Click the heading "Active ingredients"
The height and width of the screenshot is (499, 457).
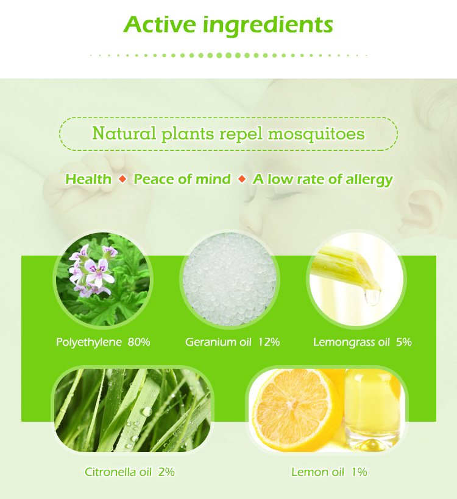[228, 25]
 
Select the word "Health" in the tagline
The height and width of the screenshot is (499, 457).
[88, 179]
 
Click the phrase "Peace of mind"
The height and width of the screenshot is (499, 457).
[182, 179]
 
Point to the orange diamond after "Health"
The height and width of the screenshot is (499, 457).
[122, 179]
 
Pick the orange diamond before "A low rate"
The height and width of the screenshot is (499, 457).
[242, 179]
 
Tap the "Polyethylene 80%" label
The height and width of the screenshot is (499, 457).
[103, 342]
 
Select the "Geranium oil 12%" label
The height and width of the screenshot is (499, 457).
[232, 342]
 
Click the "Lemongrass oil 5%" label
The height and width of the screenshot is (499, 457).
[362, 342]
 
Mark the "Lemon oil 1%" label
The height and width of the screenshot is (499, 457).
[329, 472]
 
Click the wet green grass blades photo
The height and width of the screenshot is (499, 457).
[132, 409]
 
